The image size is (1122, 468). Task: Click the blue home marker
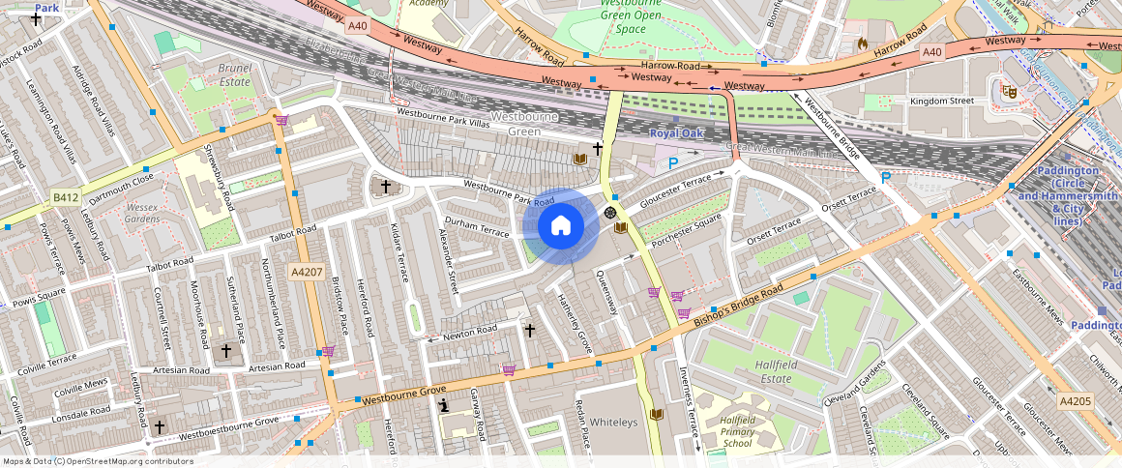coord(560,226)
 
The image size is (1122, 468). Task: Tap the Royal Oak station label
coord(676,133)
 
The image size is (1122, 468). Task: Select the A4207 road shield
coord(307,273)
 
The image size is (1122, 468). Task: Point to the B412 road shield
coord(66,198)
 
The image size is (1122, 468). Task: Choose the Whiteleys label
coord(614,423)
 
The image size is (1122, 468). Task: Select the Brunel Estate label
coord(234,75)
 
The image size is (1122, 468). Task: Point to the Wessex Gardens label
coord(141,212)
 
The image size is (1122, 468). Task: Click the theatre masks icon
coord(1010,91)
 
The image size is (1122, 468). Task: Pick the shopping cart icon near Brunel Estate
coord(281,120)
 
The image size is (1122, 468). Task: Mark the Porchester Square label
coord(686,230)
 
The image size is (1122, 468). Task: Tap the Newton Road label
coord(469,334)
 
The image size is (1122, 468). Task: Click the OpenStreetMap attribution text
coord(97,461)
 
